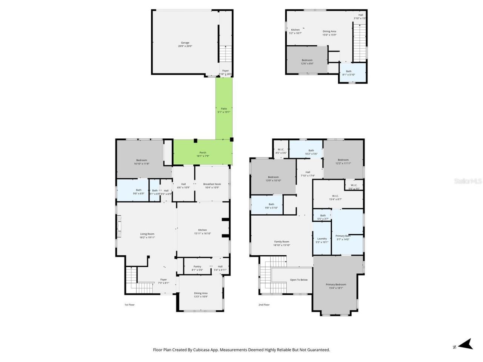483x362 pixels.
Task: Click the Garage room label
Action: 185,44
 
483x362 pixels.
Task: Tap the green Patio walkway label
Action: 224,110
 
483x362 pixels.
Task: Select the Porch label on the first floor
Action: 203,154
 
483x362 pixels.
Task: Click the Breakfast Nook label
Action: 212,186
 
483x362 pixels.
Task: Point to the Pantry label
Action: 197,268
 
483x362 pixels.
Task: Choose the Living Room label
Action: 147,235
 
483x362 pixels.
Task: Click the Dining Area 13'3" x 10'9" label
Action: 200,295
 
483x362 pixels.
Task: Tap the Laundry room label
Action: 322,240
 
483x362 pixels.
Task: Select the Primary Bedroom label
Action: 336,286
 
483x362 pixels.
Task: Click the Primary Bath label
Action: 343,237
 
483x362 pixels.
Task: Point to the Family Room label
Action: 281,243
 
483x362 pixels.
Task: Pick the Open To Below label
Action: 298,280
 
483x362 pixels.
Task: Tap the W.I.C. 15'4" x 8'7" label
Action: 335,197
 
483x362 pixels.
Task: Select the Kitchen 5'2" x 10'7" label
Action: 295,31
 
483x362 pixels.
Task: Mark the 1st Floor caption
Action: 129,305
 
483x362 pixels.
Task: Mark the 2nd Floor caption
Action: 264,305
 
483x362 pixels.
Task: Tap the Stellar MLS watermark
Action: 468,181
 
